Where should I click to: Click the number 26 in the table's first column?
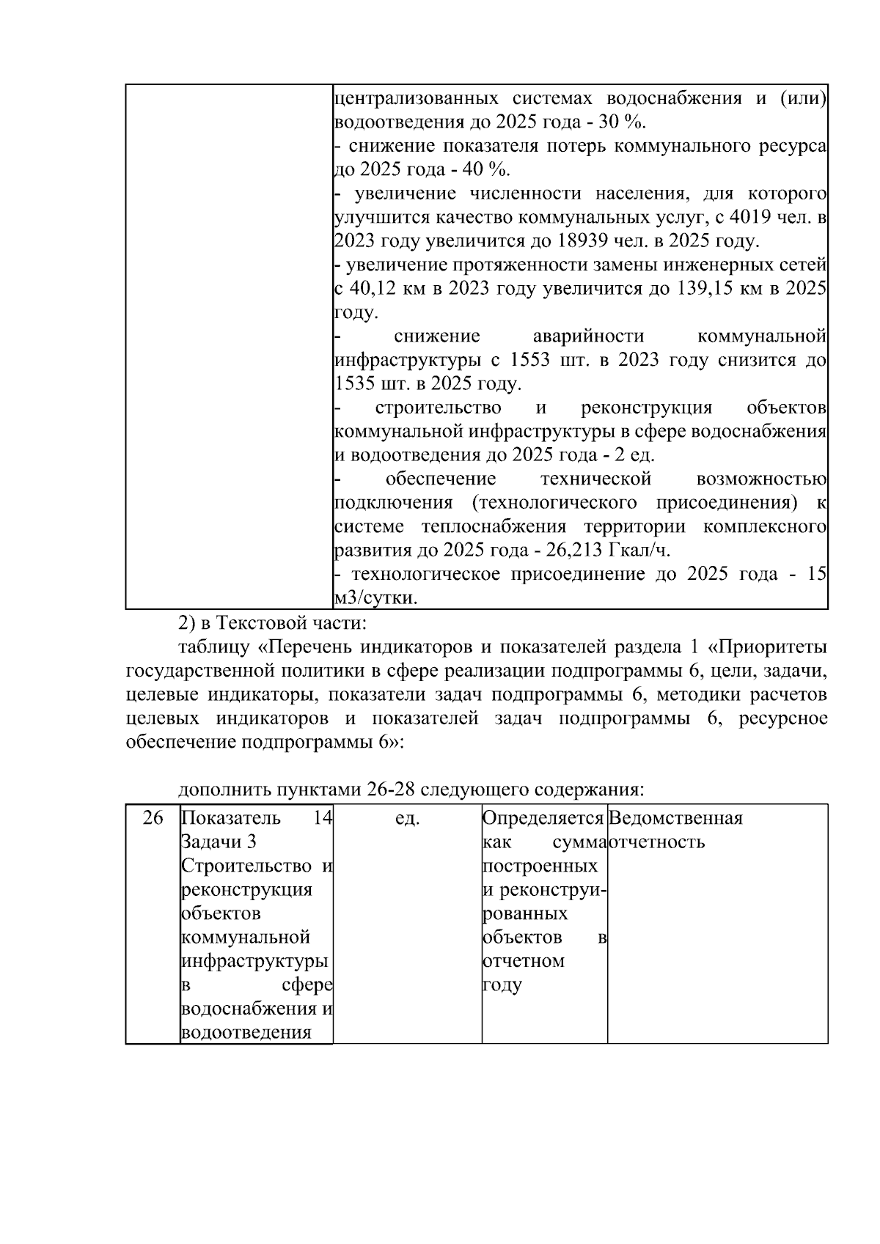[x=153, y=818]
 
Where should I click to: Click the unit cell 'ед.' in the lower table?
[x=407, y=818]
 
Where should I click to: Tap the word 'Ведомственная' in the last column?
[x=675, y=818]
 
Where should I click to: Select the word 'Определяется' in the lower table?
[x=543, y=818]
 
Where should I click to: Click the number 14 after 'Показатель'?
[x=323, y=818]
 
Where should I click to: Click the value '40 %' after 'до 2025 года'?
[x=487, y=169]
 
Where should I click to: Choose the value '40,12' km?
[x=377, y=289]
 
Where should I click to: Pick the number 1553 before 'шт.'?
[x=530, y=360]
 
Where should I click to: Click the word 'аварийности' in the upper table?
[x=588, y=336]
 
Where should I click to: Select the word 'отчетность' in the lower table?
[x=657, y=842]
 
